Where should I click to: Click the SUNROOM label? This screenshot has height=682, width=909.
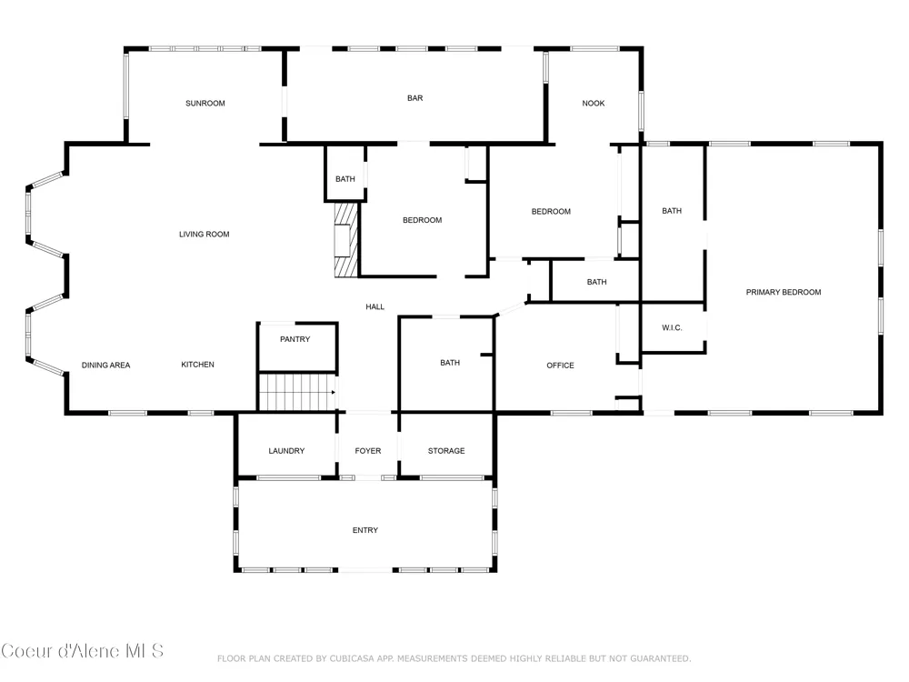click(x=205, y=104)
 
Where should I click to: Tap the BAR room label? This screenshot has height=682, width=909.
click(x=415, y=98)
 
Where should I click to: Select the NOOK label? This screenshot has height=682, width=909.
click(x=593, y=104)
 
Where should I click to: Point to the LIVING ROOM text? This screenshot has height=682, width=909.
click(x=204, y=235)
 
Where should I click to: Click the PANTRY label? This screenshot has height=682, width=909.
click(x=295, y=339)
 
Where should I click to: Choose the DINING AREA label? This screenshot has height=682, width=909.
click(x=105, y=366)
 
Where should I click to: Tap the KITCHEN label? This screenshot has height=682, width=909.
click(x=197, y=365)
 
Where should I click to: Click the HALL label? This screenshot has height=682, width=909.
click(x=375, y=306)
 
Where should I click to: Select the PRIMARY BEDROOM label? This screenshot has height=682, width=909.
click(x=784, y=292)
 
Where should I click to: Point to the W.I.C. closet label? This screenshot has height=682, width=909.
click(x=672, y=327)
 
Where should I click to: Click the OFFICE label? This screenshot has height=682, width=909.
click(x=560, y=366)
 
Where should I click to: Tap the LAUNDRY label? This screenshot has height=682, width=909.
click(x=286, y=451)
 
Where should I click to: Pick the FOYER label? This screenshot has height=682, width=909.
click(x=368, y=451)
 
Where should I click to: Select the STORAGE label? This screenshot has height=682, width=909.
click(x=446, y=451)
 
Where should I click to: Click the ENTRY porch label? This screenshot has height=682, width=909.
click(x=365, y=530)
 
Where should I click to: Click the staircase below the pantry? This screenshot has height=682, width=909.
click(x=297, y=393)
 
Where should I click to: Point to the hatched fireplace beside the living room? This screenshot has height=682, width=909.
click(x=346, y=239)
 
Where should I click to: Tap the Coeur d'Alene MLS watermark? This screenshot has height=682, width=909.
click(x=83, y=651)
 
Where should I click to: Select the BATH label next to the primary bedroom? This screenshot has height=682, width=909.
click(x=672, y=211)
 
